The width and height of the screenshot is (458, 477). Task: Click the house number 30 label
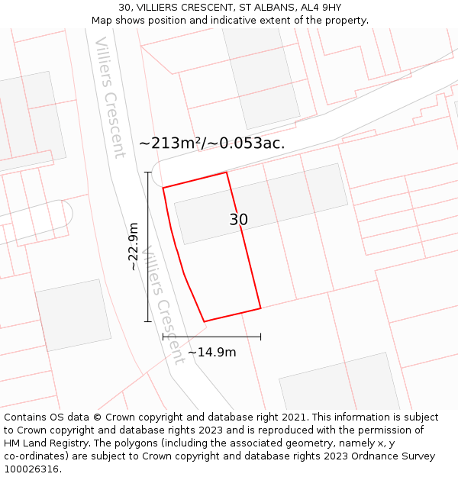(x=238, y=220)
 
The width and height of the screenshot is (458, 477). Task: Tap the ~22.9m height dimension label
(x=134, y=247)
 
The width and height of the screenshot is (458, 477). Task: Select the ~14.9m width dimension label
(x=211, y=352)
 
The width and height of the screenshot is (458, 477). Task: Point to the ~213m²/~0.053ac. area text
(x=211, y=143)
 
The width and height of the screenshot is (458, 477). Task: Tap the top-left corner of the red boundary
(x=163, y=188)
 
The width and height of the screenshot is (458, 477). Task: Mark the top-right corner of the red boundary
(x=227, y=172)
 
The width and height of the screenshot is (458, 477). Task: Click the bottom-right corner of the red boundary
(x=261, y=308)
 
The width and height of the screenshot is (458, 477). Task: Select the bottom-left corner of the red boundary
(x=204, y=321)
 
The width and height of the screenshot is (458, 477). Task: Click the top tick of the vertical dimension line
(x=148, y=172)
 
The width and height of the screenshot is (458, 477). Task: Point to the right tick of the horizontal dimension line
(x=261, y=336)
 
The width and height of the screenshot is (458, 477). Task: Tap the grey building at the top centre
(x=260, y=76)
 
